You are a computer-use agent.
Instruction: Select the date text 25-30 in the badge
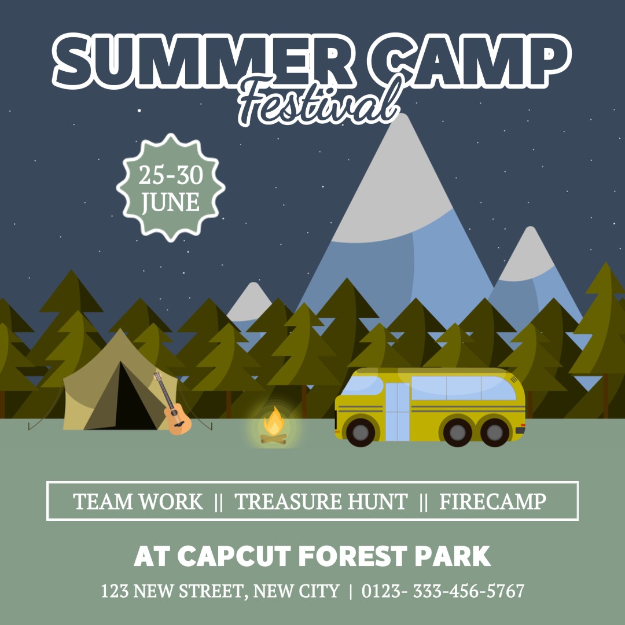tap(171, 175)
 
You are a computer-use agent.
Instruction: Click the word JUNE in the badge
tap(171, 203)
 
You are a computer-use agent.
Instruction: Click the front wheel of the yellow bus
tap(361, 432)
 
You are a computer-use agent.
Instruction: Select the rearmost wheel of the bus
tap(495, 432)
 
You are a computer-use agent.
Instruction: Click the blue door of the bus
tap(397, 411)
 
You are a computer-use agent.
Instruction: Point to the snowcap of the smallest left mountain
tap(251, 304)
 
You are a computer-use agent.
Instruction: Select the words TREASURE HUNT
tap(321, 502)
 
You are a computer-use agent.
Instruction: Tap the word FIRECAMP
tap(492, 502)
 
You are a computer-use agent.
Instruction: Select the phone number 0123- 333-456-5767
tap(443, 591)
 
